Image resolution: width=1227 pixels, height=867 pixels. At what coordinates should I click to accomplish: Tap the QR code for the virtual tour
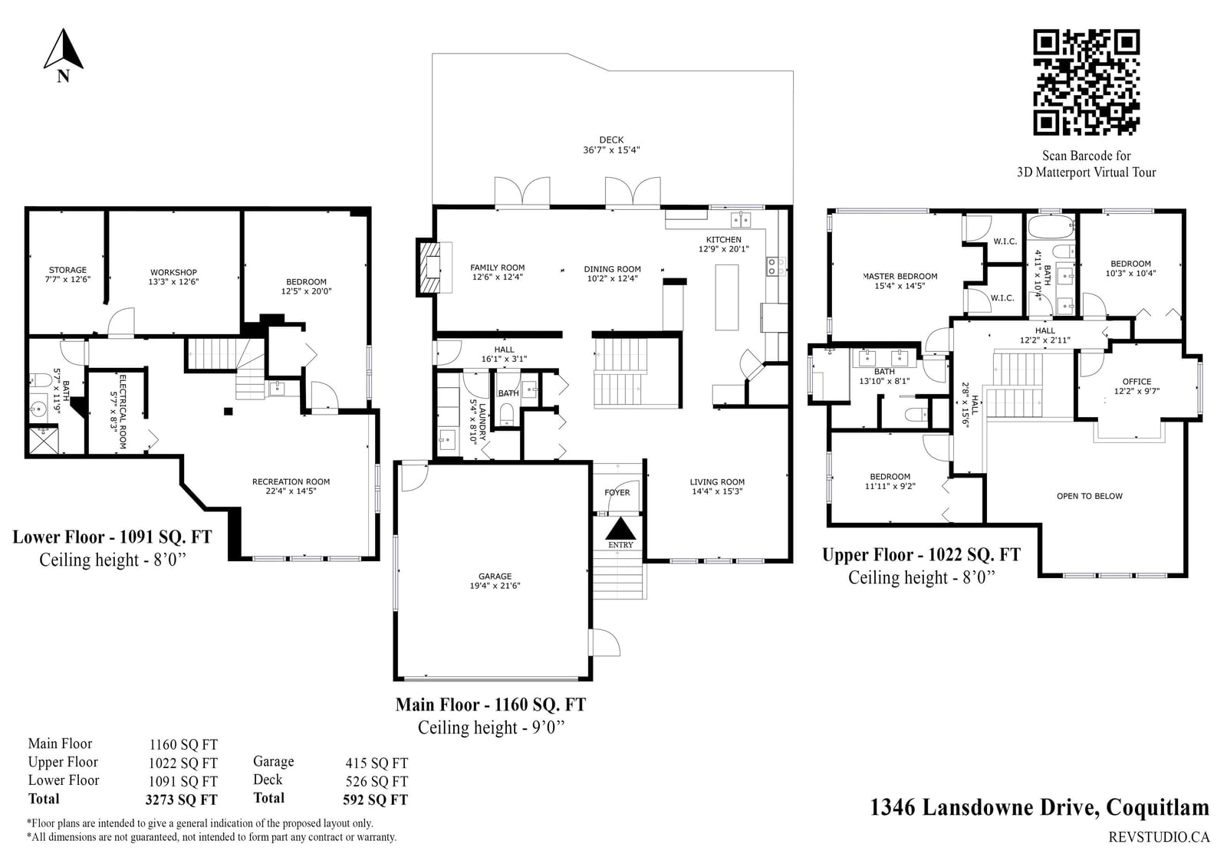pyautogui.click(x=1086, y=82)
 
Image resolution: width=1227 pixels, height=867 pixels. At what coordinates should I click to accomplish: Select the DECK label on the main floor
pyautogui.click(x=611, y=140)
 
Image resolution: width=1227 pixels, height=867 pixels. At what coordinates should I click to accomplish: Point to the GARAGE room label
pyautogui.click(x=495, y=576)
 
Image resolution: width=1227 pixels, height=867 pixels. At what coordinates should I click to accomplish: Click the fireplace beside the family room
pyautogui.click(x=430, y=268)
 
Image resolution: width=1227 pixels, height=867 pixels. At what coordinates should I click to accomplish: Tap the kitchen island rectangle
pyautogui.click(x=727, y=297)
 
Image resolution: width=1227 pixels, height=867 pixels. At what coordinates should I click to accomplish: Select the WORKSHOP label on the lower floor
pyautogui.click(x=173, y=272)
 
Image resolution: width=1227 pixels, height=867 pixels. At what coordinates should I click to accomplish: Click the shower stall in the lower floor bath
pyautogui.click(x=44, y=441)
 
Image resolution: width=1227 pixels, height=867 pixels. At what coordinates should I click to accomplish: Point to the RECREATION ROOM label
pyautogui.click(x=291, y=482)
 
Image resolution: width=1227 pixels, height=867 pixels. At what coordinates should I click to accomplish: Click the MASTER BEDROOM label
pyautogui.click(x=900, y=277)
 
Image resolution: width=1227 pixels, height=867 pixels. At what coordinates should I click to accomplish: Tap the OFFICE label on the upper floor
pyautogui.click(x=1137, y=382)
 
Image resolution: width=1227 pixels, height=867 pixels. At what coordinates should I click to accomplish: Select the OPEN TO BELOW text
pyautogui.click(x=1090, y=496)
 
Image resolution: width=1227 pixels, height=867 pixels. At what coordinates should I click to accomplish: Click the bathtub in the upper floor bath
pyautogui.click(x=1051, y=227)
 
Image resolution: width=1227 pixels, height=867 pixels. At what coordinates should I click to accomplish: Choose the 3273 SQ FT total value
pyautogui.click(x=181, y=800)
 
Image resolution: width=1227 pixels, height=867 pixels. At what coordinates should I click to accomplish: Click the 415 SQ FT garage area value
pyautogui.click(x=377, y=763)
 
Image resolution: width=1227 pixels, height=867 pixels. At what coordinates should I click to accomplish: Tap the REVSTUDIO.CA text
pyautogui.click(x=1159, y=837)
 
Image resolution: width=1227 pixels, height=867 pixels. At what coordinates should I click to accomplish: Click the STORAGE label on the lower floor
pyautogui.click(x=67, y=270)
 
